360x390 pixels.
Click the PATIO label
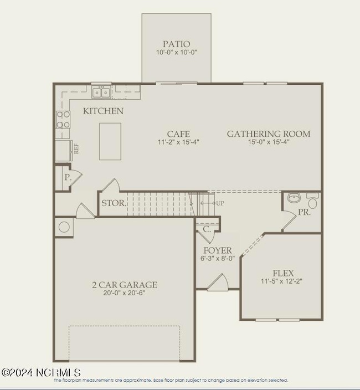pos(176,44)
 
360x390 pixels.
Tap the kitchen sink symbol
pos(100,91)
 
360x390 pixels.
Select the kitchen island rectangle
pos(110,141)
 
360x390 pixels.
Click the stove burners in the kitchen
pos(63,120)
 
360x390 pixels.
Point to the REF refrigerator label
pos(76,148)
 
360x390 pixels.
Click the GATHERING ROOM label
pos(269,134)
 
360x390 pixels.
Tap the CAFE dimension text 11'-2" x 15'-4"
pos(178,142)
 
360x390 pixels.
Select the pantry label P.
pos(67,178)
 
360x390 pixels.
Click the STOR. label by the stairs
pos(113,203)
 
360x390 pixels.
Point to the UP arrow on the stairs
pos(212,203)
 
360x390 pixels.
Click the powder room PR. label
pos(305,212)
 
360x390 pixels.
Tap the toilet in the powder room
pos(313,198)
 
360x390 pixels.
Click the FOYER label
pos(217,250)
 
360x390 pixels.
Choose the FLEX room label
pos(282,273)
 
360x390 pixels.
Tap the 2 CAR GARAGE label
pos(125,285)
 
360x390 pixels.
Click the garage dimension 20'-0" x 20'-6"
pos(125,294)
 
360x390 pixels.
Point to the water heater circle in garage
pos(64,227)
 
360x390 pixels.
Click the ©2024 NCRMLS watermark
pos(41,373)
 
